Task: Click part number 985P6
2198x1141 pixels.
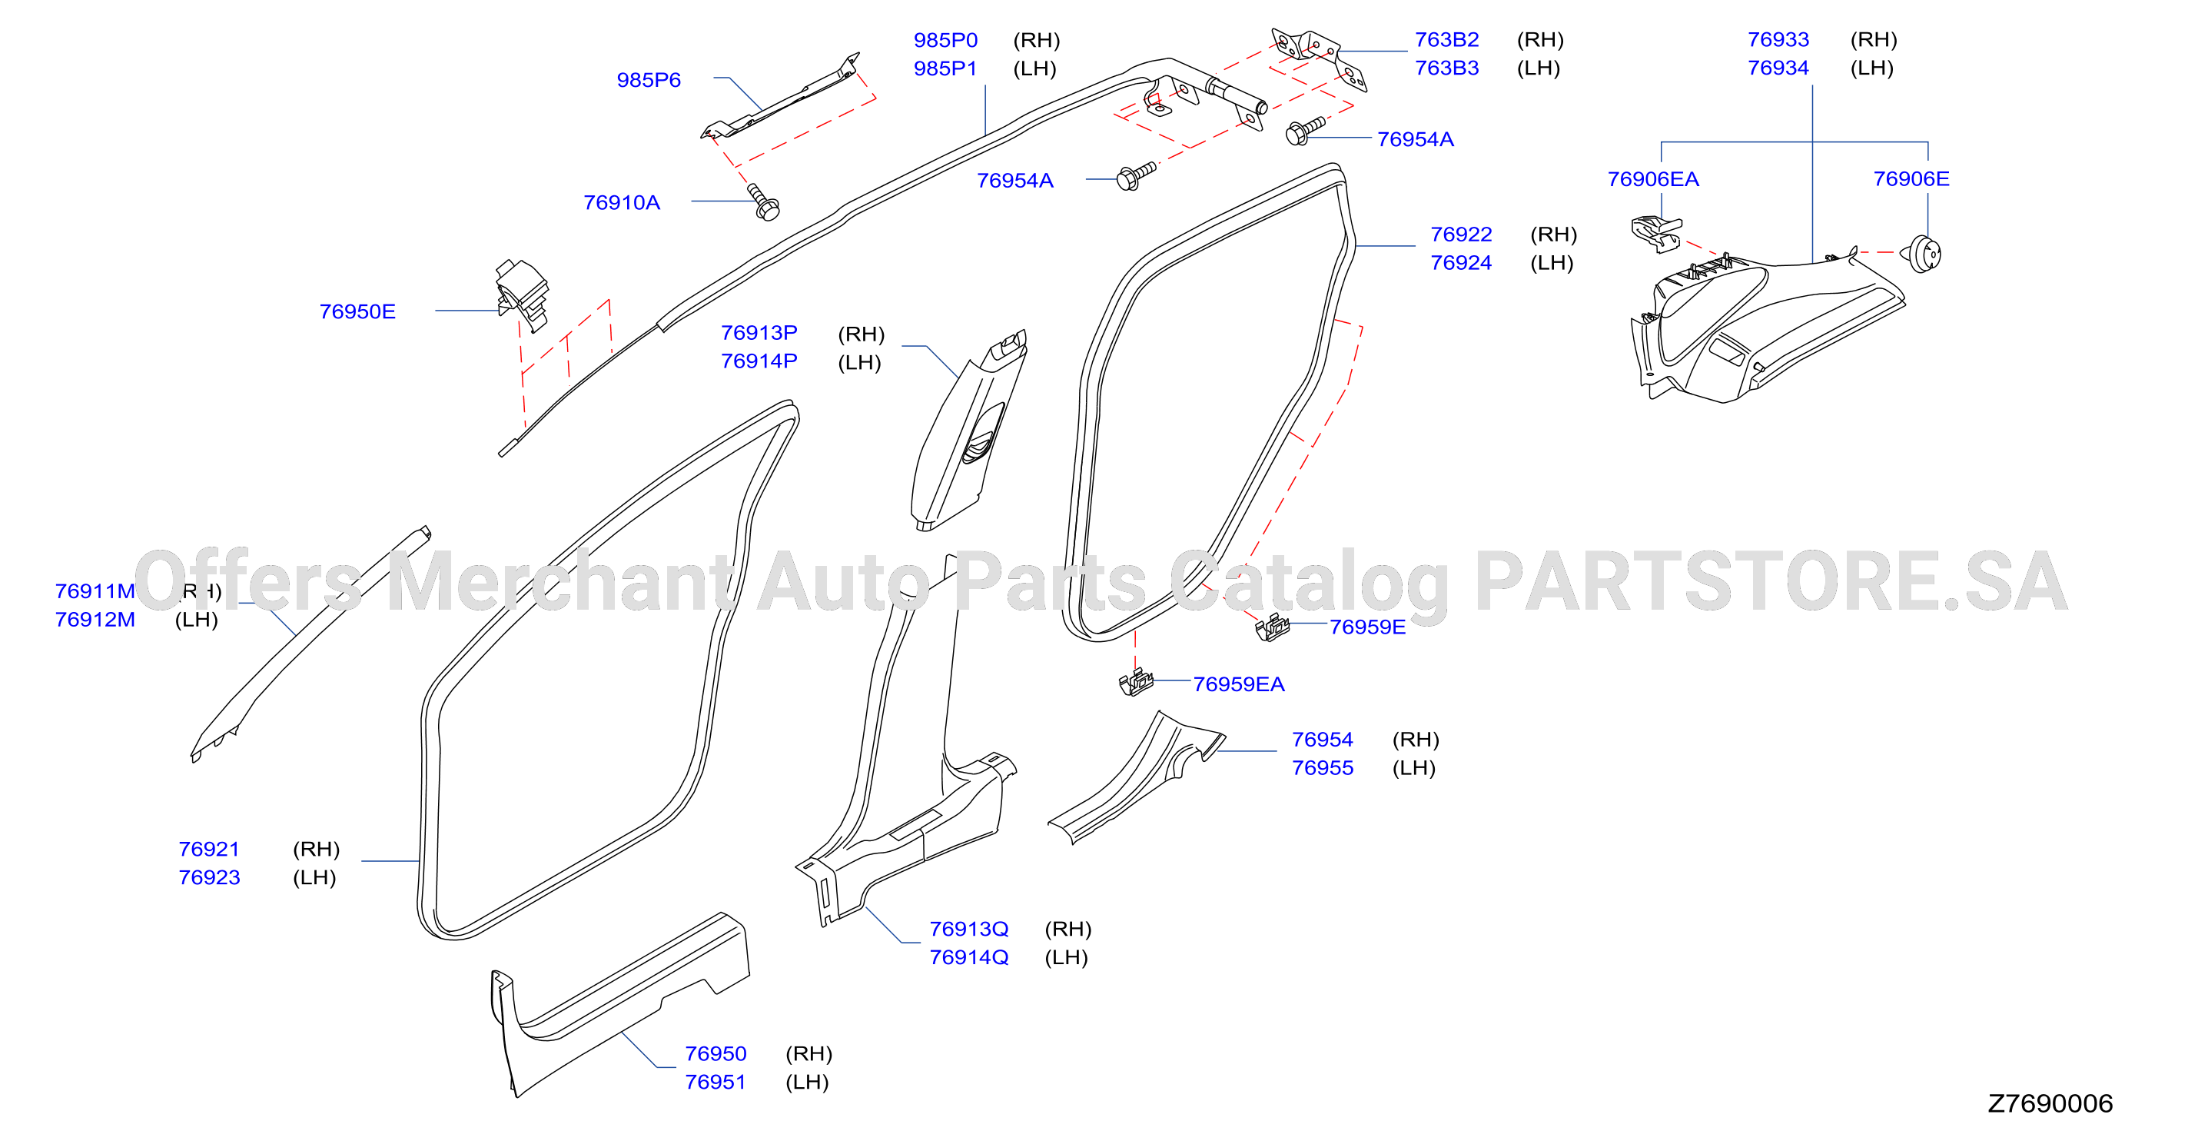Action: tap(649, 80)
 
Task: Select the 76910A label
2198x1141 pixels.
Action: tap(621, 203)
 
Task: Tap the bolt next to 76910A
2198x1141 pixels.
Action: tap(763, 201)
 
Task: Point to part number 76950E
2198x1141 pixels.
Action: tap(357, 312)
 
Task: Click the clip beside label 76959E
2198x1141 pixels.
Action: tap(1271, 627)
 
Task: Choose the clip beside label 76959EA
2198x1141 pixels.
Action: tap(1136, 683)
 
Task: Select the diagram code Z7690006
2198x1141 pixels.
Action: tap(2050, 1103)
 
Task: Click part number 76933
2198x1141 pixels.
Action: tap(1778, 40)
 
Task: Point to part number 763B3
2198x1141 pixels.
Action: tap(1447, 68)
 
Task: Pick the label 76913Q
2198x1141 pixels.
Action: tap(968, 930)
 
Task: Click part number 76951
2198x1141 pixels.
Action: tap(715, 1082)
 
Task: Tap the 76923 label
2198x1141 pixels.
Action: tap(209, 877)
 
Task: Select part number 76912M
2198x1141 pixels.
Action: tap(95, 620)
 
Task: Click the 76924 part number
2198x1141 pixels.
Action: tap(1461, 263)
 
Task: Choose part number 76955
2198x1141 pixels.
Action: tap(1323, 768)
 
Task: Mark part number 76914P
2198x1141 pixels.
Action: tap(759, 361)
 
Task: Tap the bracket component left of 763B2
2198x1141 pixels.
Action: tap(1319, 57)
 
